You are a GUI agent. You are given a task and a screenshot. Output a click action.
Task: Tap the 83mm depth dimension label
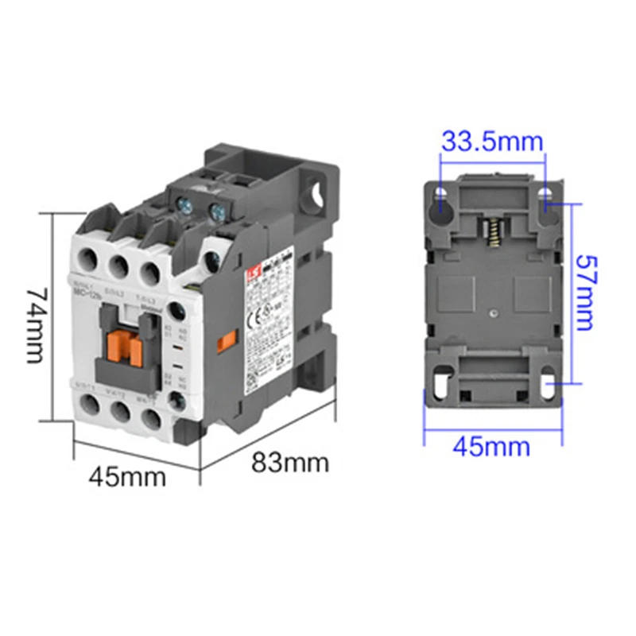coord(290,462)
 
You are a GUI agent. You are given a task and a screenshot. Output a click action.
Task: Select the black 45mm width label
coord(127,477)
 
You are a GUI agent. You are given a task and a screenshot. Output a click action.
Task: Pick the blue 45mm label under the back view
coord(491,446)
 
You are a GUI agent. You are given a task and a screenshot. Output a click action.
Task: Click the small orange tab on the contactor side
coord(227,340)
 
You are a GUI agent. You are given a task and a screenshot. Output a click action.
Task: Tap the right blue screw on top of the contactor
coord(215,211)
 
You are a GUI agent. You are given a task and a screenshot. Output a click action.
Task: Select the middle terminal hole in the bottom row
coord(119,410)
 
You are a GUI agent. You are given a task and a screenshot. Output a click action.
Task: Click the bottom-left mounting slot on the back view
coord(439,382)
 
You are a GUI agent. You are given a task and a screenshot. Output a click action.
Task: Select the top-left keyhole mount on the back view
coord(440,200)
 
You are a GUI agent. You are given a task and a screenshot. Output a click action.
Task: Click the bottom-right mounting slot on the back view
coord(548,384)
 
